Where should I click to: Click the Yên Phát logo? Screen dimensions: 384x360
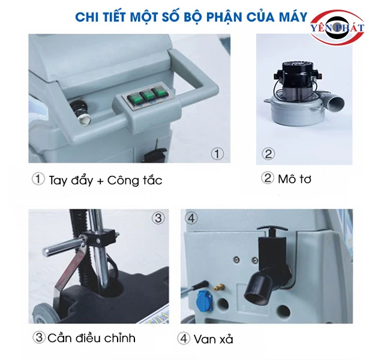[337, 28]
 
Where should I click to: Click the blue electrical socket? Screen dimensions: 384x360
[205, 300]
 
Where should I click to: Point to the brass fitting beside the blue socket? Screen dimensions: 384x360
[219, 287]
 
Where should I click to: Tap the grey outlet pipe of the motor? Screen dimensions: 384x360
[335, 103]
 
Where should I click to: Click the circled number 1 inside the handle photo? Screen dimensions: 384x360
[217, 154]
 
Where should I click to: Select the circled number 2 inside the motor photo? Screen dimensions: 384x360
[268, 154]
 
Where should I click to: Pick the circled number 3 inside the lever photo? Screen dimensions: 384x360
[158, 218]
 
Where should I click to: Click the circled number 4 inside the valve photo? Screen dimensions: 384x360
[191, 218]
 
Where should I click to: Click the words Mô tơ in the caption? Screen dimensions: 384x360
[295, 179]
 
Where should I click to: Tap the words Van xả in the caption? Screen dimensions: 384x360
[214, 340]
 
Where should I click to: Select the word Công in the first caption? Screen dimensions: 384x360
[121, 180]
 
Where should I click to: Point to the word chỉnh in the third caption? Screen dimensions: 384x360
[120, 338]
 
